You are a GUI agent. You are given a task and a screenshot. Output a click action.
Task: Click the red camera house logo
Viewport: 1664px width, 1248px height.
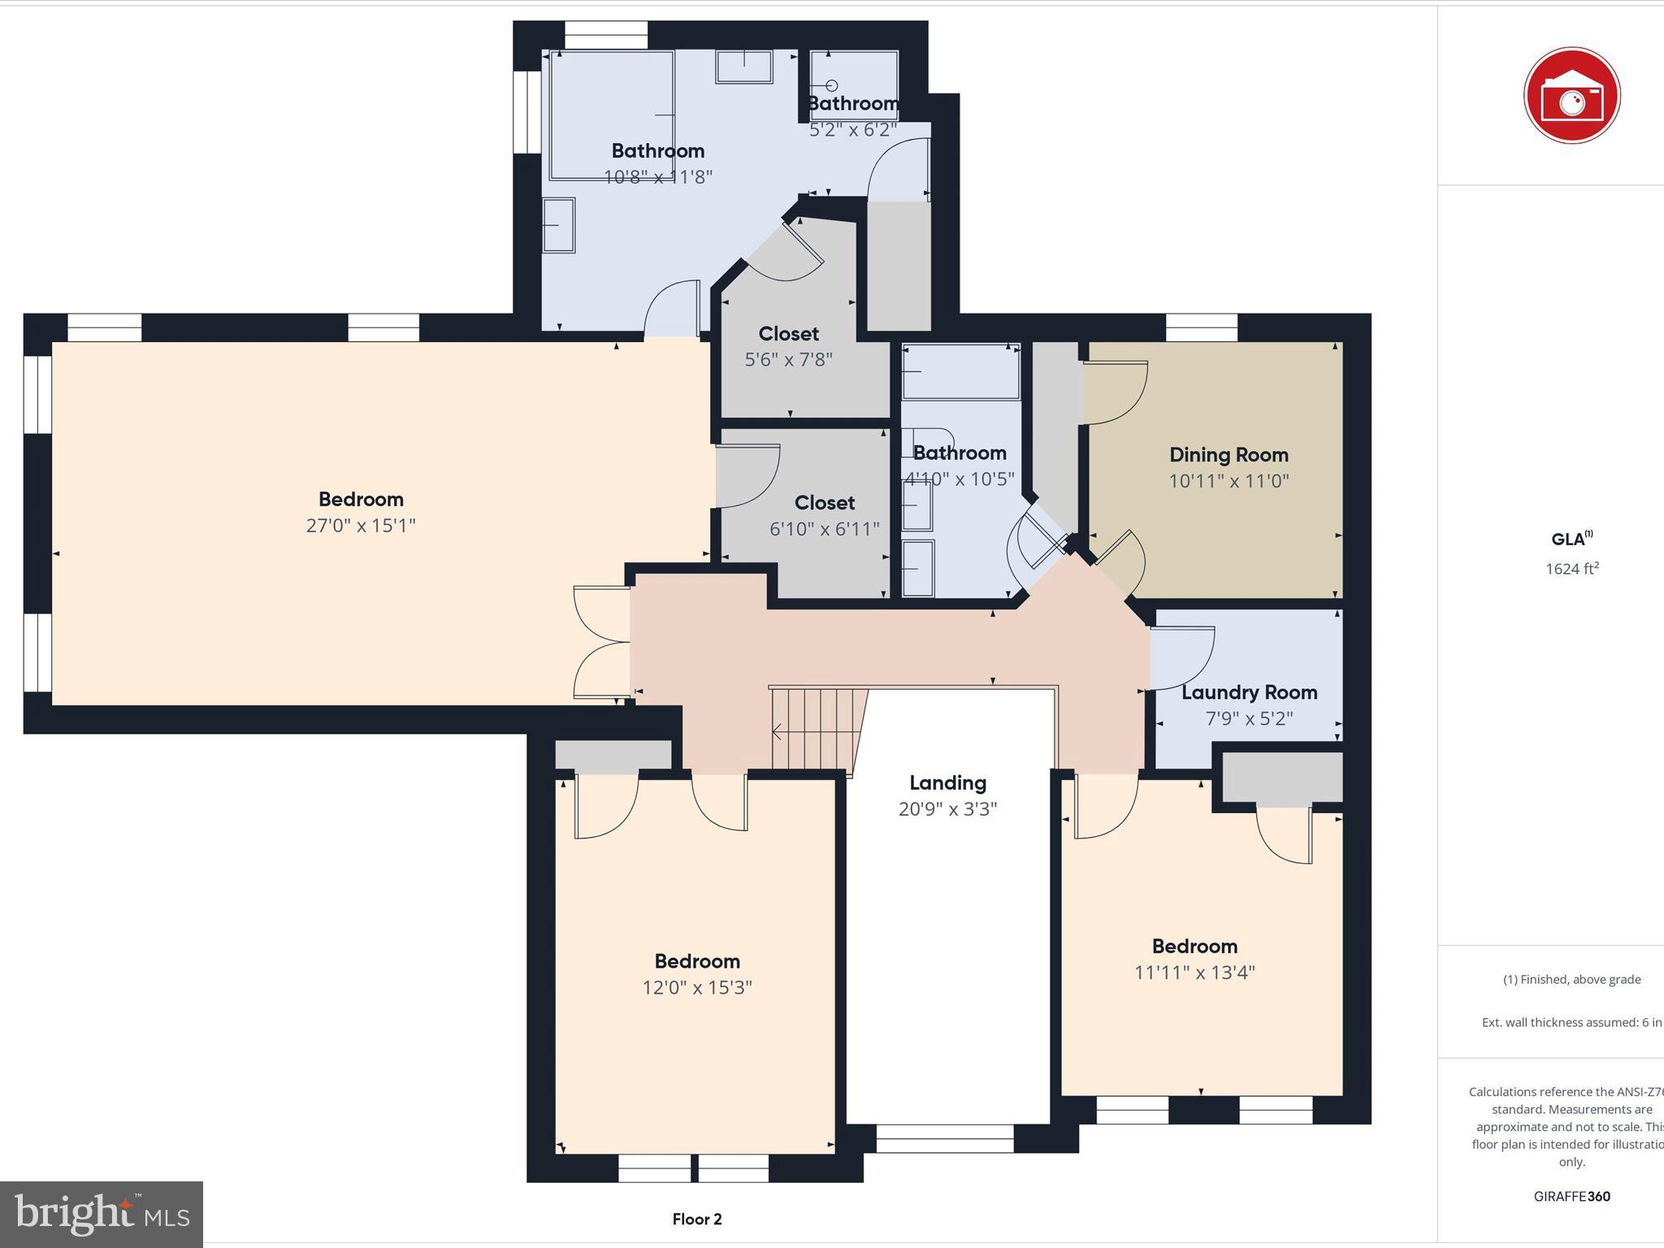1571,96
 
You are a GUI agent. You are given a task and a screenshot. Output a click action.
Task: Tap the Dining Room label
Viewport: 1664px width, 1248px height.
1228,455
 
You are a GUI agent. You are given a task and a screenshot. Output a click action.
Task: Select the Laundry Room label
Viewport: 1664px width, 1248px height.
1249,692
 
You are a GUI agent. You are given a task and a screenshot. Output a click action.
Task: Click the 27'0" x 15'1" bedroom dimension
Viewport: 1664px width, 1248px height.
361,526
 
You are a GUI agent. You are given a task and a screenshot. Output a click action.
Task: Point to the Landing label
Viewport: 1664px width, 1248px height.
947,783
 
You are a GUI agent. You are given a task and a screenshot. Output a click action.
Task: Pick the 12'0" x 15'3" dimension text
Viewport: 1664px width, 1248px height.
697,987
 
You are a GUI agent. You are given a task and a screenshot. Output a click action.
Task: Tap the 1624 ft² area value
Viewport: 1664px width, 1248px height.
1571,569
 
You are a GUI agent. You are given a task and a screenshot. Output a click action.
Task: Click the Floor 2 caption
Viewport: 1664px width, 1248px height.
697,1219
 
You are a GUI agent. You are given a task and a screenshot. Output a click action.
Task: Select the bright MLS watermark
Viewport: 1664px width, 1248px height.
102,1214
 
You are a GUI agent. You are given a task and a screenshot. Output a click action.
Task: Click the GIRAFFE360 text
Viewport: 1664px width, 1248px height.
1571,1196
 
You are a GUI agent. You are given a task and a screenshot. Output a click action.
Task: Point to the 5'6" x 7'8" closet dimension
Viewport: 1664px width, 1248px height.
788,359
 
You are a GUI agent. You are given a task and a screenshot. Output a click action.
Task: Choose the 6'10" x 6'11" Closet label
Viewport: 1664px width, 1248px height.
824,503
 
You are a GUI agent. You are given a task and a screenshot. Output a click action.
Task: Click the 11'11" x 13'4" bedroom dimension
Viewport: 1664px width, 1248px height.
1194,973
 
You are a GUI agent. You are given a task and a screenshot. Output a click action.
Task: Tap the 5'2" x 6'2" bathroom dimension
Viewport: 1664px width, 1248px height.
853,129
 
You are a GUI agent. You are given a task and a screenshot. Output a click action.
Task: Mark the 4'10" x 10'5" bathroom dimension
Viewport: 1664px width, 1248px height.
960,479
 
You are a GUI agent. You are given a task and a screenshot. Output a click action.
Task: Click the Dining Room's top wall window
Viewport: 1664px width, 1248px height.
1201,328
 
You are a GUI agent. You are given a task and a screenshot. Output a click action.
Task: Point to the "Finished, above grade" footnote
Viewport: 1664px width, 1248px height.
1571,980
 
